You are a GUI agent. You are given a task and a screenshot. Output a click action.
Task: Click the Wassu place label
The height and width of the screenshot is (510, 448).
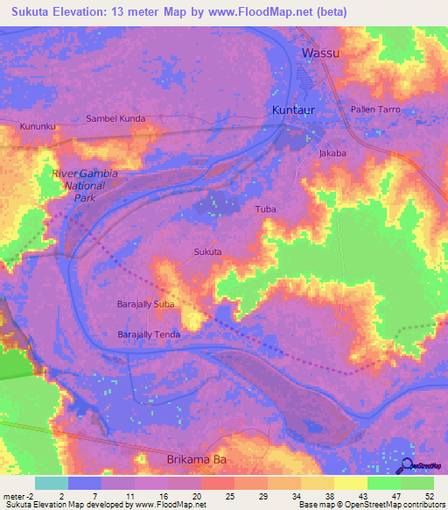(x=320, y=53)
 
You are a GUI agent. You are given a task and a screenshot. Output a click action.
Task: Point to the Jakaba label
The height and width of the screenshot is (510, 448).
(x=332, y=152)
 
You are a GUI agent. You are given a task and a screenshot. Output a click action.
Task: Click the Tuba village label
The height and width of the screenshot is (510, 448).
(x=264, y=209)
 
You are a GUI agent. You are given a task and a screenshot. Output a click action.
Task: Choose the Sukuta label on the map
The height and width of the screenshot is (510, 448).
(x=207, y=252)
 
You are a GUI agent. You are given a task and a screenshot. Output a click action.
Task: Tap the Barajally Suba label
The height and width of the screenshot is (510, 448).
(x=146, y=305)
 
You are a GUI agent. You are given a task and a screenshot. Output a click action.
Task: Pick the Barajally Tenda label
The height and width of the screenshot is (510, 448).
(x=149, y=334)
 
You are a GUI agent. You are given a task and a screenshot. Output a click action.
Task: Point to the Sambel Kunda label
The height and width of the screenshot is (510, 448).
(x=115, y=117)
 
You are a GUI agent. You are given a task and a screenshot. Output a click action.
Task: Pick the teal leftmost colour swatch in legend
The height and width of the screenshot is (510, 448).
(x=52, y=483)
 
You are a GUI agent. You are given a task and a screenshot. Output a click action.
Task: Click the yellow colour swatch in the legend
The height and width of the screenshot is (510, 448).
(x=351, y=483)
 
